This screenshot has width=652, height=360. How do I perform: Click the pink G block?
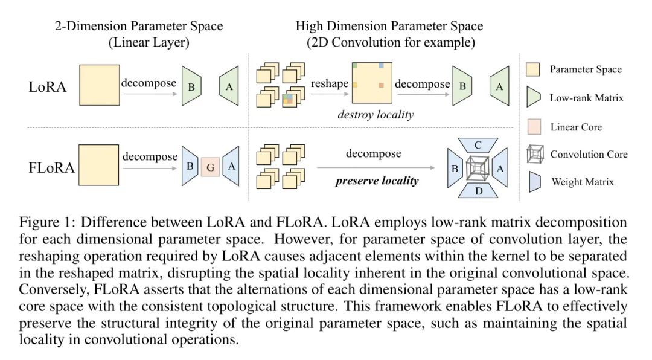pyautogui.click(x=211, y=169)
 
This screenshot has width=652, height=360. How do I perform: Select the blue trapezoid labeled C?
pyautogui.click(x=478, y=145)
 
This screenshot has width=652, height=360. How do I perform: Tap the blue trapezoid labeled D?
pyautogui.click(x=478, y=191)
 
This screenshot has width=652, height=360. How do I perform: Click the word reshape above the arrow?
pyautogui.click(x=330, y=83)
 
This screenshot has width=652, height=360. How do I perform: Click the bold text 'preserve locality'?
pyautogui.click(x=377, y=180)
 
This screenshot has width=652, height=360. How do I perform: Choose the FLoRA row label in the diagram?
pyautogui.click(x=51, y=167)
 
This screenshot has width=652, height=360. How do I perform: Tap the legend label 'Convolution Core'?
pyautogui.click(x=589, y=154)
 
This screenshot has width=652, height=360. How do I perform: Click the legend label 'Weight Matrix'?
pyautogui.click(x=583, y=181)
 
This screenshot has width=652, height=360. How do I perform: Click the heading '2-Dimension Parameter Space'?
pyautogui.click(x=139, y=26)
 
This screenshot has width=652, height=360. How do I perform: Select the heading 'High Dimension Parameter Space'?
pyautogui.click(x=389, y=26)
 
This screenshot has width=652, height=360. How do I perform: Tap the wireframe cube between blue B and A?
pyautogui.click(x=478, y=168)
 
